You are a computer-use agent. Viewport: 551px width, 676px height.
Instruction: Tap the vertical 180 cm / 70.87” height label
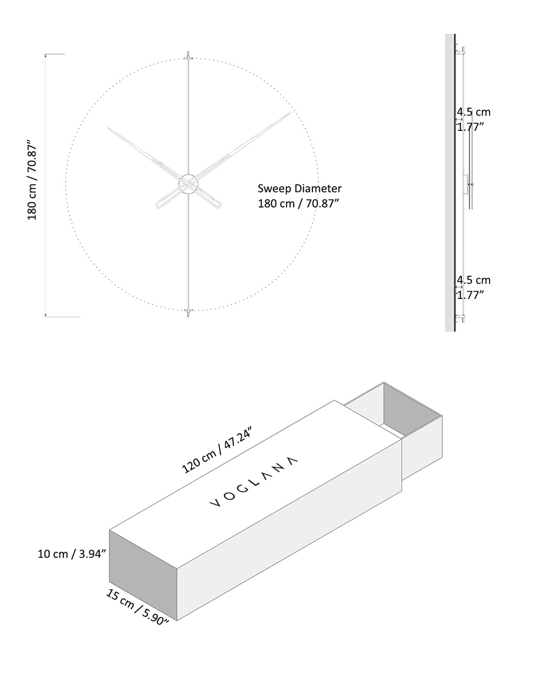[x=32, y=181]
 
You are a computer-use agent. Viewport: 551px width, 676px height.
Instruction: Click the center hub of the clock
[x=188, y=184]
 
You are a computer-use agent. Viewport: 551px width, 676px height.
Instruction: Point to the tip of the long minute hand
[x=290, y=113]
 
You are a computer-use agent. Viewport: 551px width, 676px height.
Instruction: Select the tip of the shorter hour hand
[x=109, y=128]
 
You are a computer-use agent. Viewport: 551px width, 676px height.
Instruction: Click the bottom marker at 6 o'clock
[x=188, y=312]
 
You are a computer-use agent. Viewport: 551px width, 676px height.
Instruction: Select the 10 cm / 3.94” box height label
[x=72, y=554]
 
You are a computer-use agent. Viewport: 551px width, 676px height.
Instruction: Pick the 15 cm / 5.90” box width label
[x=137, y=607]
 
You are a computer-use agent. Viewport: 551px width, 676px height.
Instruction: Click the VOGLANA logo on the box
[x=254, y=481]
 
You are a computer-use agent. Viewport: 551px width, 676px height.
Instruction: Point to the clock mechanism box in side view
[x=465, y=184]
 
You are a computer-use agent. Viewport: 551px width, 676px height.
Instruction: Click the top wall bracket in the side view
[x=463, y=49]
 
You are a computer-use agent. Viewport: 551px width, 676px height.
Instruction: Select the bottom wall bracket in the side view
[x=463, y=317]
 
